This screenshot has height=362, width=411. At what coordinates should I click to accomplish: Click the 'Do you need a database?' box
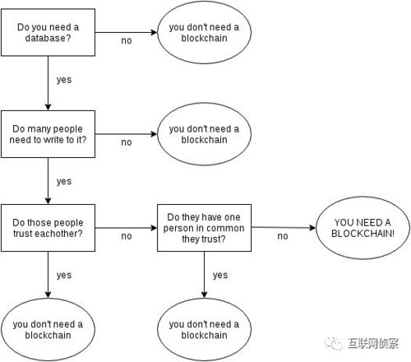tap(48, 32)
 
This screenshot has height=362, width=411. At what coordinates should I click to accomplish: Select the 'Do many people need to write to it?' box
tap(48, 134)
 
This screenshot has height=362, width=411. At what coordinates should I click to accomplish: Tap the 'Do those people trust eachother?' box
tap(48, 228)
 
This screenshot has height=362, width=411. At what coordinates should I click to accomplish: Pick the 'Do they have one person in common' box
tap(204, 228)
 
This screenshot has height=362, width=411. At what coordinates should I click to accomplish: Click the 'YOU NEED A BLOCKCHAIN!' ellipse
tap(363, 228)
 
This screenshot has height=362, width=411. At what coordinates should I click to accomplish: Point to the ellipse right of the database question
tap(204, 32)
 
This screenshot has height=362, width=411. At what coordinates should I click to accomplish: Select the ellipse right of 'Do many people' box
tap(204, 134)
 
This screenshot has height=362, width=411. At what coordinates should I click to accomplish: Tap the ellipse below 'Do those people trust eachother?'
tap(48, 329)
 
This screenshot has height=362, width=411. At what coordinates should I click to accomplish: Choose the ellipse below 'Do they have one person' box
tap(204, 329)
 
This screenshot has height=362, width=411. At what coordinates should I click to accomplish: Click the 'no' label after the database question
tap(127, 41)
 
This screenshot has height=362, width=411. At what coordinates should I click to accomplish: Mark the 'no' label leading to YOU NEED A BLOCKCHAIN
tap(283, 236)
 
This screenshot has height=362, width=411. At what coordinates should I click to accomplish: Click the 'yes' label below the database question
tap(64, 80)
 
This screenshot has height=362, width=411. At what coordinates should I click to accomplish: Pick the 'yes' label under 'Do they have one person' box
tap(220, 276)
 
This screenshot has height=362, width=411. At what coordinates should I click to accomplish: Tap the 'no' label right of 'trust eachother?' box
tap(127, 236)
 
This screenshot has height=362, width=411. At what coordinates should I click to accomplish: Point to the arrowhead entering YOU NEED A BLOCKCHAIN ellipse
tap(312, 228)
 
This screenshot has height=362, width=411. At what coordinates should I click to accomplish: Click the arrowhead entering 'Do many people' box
tap(48, 107)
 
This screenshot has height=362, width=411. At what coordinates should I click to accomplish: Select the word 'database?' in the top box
tap(48, 38)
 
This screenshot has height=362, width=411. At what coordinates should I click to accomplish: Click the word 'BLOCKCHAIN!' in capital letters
tap(363, 234)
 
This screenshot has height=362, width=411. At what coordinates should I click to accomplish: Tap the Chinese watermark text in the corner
tap(373, 343)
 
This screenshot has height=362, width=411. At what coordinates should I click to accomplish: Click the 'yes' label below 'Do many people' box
tap(64, 182)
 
